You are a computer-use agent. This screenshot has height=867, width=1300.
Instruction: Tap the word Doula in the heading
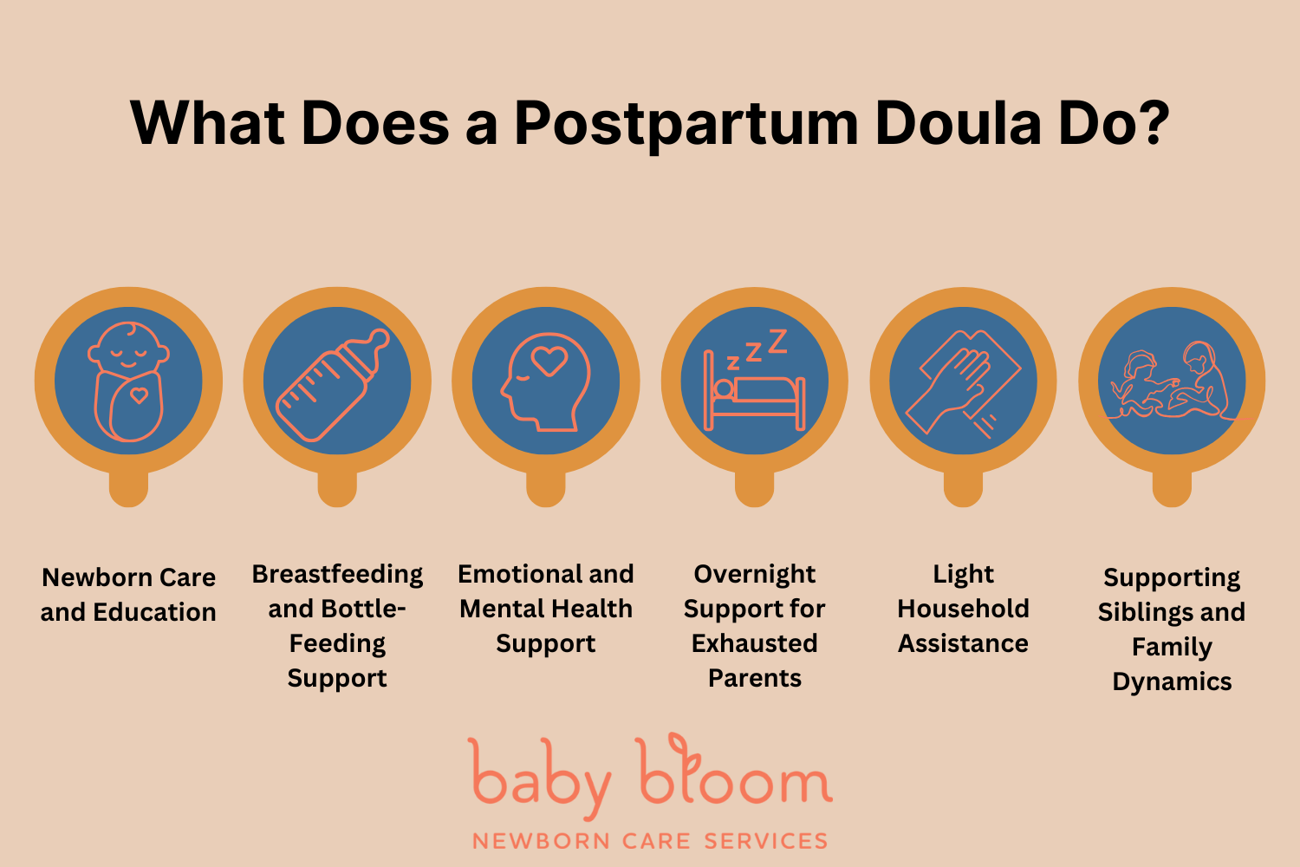(x=958, y=123)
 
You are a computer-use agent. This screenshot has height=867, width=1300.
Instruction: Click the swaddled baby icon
(x=128, y=381)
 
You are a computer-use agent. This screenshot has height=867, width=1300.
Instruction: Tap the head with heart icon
(x=545, y=381)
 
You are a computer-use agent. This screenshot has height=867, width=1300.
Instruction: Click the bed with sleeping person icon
(x=754, y=386)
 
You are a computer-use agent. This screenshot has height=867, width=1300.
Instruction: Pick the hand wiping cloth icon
(x=963, y=381)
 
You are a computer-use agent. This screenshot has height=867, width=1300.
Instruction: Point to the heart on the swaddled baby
(x=139, y=396)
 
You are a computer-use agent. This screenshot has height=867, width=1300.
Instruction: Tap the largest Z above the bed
(x=777, y=341)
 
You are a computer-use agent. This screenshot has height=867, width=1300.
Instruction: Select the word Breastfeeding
(x=337, y=574)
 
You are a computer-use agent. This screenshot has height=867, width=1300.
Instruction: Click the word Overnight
(x=754, y=574)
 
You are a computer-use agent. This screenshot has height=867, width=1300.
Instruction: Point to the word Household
(x=963, y=609)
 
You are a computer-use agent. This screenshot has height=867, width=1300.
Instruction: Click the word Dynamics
(x=1172, y=681)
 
